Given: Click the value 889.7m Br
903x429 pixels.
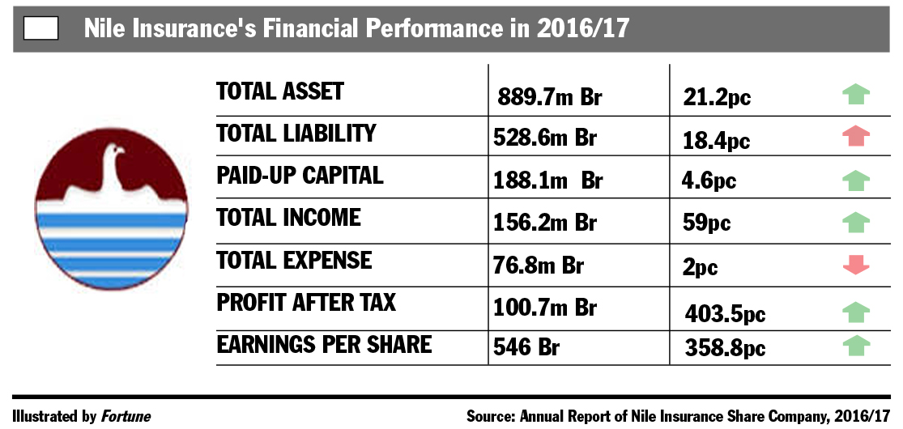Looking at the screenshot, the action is click(x=550, y=97).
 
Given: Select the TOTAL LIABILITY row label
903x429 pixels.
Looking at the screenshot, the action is click(x=296, y=133).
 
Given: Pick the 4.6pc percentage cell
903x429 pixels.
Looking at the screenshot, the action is click(x=709, y=181).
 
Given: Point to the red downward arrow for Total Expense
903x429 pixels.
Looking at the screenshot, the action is click(x=856, y=265).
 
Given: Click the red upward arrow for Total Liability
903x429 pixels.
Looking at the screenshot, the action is click(x=856, y=136).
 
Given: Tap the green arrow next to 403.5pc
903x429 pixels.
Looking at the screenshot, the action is click(x=856, y=312).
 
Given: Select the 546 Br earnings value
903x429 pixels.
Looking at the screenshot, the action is click(x=526, y=347).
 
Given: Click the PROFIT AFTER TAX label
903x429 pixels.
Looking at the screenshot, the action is click(x=306, y=302).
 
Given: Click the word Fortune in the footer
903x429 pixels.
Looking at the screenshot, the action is click(x=126, y=416).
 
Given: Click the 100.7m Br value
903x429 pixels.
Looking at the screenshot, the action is click(x=545, y=308).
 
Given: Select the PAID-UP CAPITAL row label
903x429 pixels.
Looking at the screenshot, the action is click(x=300, y=175).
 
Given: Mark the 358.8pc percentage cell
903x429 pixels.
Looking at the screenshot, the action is click(x=725, y=348).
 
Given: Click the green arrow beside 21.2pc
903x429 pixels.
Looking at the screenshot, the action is click(x=856, y=94).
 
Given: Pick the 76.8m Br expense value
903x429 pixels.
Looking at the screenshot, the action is click(x=539, y=265).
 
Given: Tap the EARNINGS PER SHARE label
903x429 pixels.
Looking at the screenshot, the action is click(x=324, y=344).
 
